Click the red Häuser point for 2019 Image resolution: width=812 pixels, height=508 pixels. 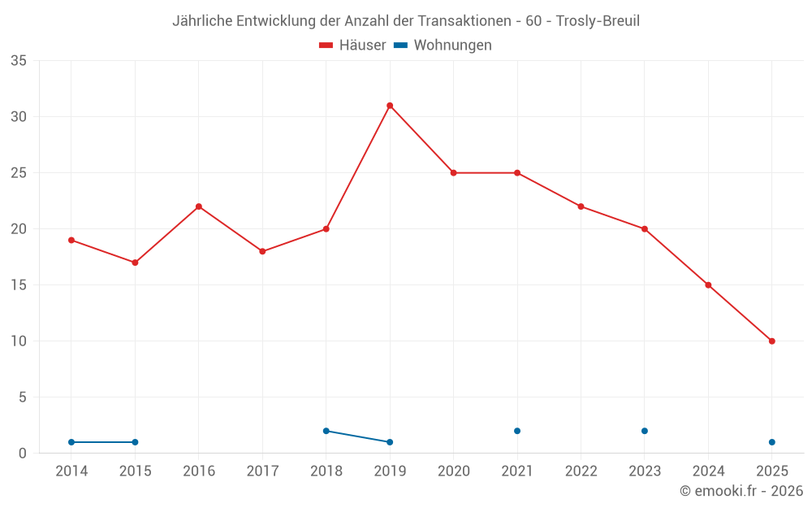[390, 106]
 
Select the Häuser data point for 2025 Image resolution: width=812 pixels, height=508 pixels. [771, 341]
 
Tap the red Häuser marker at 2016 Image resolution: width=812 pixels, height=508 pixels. [199, 206]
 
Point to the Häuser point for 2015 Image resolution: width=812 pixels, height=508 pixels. [135, 263]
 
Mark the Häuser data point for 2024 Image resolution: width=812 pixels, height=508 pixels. [708, 285]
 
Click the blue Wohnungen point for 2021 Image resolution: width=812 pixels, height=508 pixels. [517, 431]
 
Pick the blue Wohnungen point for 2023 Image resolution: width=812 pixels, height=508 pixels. [645, 431]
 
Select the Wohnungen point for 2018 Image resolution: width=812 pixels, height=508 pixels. [326, 431]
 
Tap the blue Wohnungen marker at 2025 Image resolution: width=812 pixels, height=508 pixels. [771, 442]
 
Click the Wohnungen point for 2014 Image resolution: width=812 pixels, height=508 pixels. [71, 442]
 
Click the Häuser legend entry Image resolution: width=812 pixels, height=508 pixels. [352, 46]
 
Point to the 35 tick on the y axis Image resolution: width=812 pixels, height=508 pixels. [19, 61]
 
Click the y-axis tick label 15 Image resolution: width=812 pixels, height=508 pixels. [19, 285]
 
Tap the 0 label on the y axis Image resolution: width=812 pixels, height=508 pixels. [23, 454]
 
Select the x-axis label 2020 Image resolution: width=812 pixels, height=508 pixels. [453, 471]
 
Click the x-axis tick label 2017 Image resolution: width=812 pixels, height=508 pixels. [262, 471]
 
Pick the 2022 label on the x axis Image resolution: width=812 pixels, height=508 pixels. [581, 471]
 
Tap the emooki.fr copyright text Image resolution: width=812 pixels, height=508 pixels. [741, 491]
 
